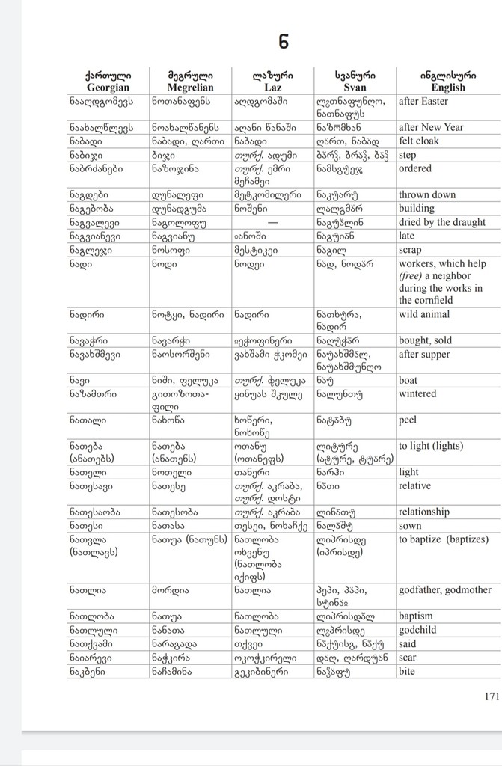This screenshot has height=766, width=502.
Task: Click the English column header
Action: (447, 81)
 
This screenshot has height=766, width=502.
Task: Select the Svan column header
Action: (354, 81)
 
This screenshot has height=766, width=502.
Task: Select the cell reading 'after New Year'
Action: (431, 127)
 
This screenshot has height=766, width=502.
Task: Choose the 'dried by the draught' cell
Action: (442, 222)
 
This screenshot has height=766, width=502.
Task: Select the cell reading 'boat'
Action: (409, 380)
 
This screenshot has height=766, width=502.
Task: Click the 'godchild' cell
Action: (419, 630)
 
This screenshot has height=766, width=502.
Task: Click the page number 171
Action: (491, 696)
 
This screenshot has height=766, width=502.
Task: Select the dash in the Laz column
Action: (272, 222)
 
